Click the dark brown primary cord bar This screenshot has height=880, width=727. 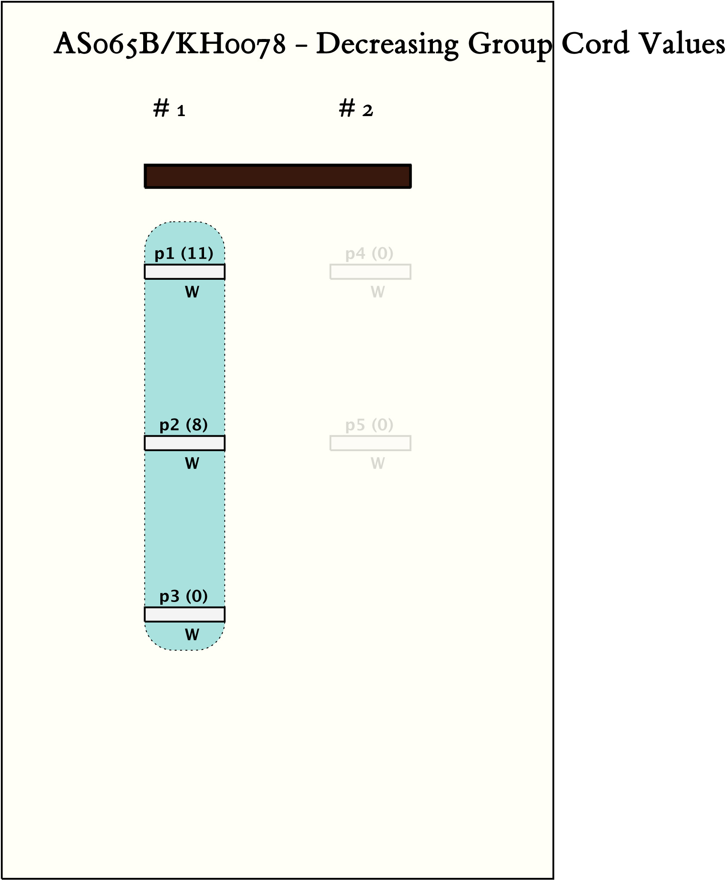click(278, 176)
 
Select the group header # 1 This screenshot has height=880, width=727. click(169, 108)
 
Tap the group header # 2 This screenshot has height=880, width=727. click(356, 108)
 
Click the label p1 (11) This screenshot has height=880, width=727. click(184, 254)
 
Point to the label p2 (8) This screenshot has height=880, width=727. click(183, 425)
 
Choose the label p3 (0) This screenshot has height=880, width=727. click(183, 596)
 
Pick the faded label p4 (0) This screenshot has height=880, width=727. click(370, 254)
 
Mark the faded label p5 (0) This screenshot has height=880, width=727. click(370, 425)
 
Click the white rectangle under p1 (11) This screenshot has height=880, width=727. click(185, 272)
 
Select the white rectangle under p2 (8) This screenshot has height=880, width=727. click(185, 443)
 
